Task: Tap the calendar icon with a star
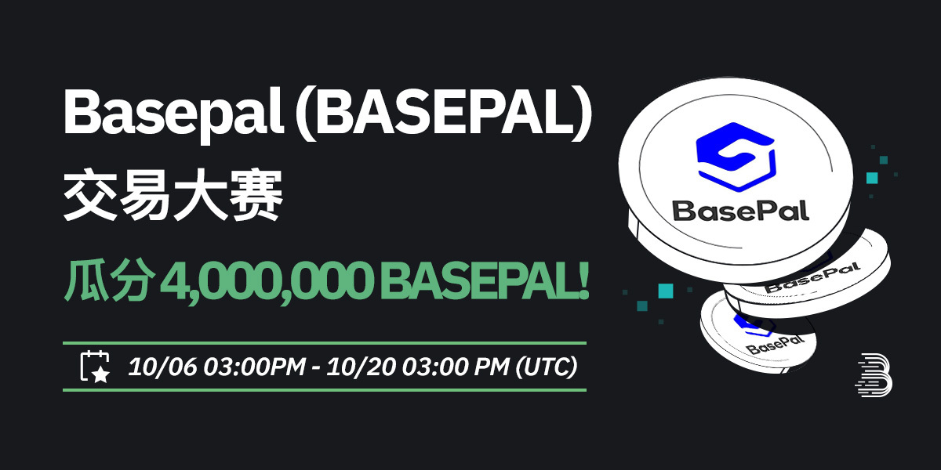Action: (x=95, y=366)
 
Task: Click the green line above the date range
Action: (x=324, y=342)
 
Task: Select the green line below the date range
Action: (x=324, y=389)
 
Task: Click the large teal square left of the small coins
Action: (x=665, y=291)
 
